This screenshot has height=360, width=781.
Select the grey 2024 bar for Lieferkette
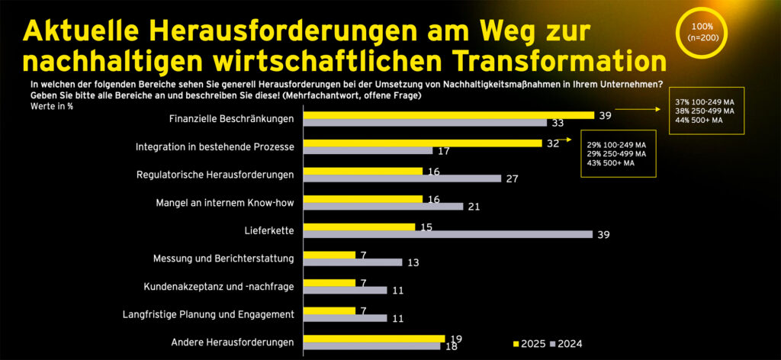(x=448, y=234)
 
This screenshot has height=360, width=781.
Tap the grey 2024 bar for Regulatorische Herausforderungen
(x=402, y=178)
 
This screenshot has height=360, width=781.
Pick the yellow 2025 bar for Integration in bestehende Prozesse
(x=423, y=143)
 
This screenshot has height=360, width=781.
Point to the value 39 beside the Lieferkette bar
(x=602, y=234)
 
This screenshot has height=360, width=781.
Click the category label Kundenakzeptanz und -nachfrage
(x=219, y=286)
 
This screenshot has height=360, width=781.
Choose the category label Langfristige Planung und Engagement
(x=208, y=313)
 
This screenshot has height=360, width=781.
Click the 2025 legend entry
(x=529, y=345)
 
